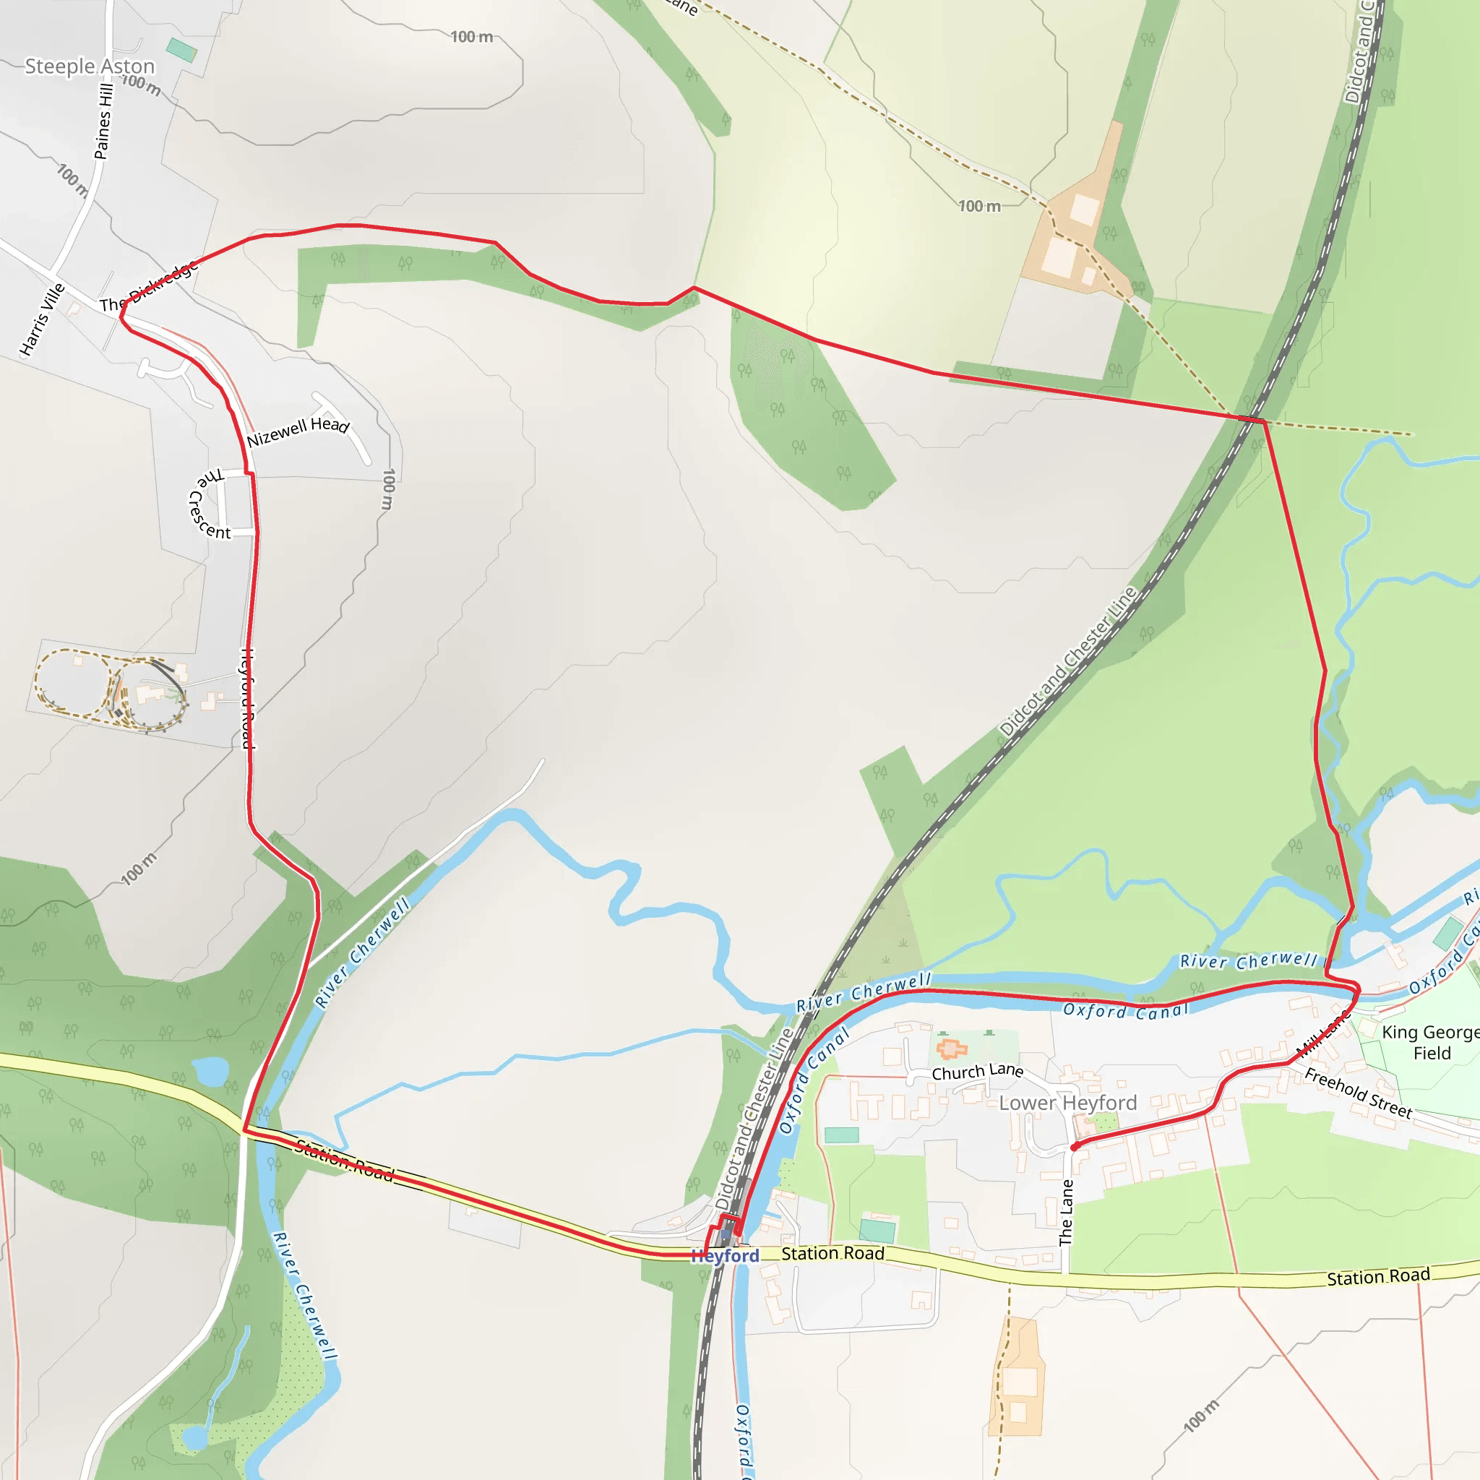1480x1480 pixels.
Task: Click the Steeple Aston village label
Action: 90,66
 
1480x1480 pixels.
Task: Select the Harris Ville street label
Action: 43,319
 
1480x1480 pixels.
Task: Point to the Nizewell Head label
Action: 298,431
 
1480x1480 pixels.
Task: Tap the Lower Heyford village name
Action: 1068,1103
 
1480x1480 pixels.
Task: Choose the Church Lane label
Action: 978,1072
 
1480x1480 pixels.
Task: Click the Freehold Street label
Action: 1358,1094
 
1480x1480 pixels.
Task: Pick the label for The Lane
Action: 1066,1213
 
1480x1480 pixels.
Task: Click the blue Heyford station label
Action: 725,1255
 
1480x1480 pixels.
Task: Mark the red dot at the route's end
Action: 1075,1147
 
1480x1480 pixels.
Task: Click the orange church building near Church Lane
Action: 952,1049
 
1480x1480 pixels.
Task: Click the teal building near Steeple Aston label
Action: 181,50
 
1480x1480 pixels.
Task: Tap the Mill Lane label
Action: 1323,1034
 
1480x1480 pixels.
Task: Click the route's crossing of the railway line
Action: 1251,418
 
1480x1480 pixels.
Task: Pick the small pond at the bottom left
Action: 194,1437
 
